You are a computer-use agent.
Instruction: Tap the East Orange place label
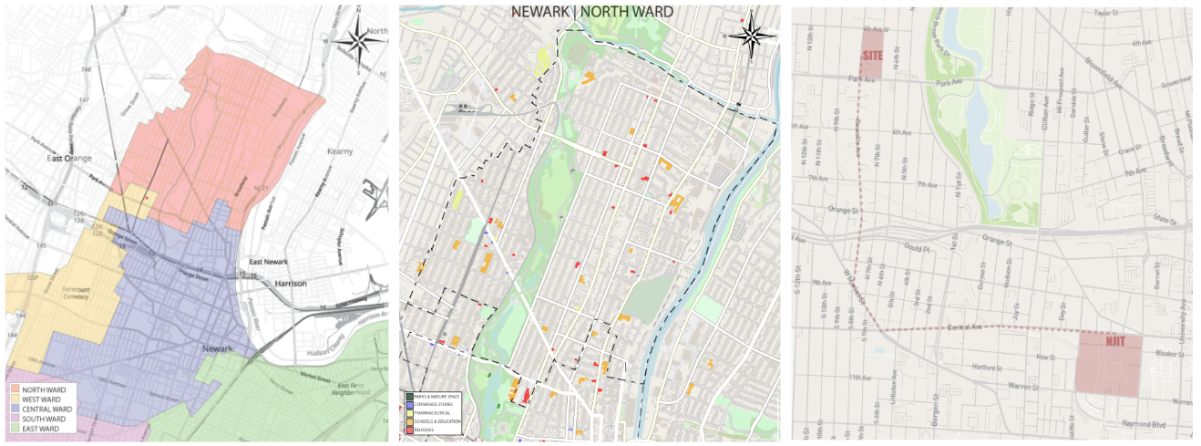(x=71, y=158)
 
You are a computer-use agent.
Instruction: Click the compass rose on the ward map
(x=355, y=41)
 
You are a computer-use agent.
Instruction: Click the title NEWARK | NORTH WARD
(x=591, y=12)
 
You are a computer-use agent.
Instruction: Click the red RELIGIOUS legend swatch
(x=408, y=429)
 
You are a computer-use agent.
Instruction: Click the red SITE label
(x=873, y=56)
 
